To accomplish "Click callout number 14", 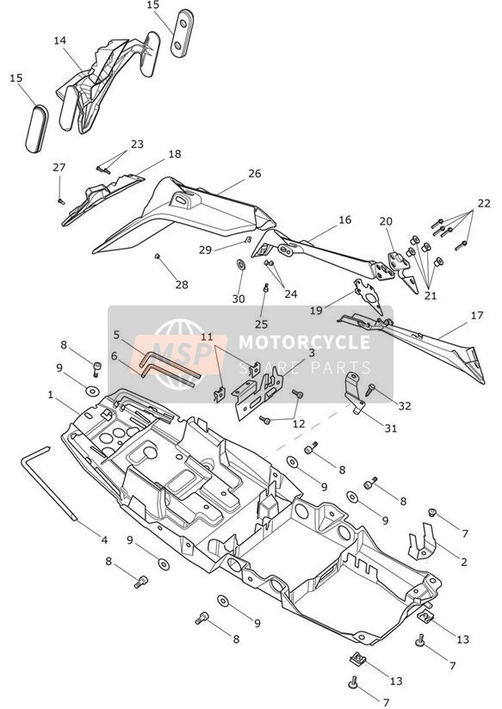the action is [x=59, y=40].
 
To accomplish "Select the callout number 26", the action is [x=255, y=174].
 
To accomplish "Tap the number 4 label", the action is [x=104, y=539].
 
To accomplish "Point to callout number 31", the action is [x=391, y=428].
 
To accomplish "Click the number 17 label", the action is [x=477, y=315].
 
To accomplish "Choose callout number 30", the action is [x=239, y=299].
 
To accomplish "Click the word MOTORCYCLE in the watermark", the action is [x=304, y=342].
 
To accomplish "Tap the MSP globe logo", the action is [x=180, y=354].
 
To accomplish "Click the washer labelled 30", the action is [x=241, y=264].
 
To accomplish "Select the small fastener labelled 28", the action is [x=158, y=256].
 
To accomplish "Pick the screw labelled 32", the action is [x=370, y=389].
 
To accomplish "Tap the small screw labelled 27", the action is [x=61, y=201].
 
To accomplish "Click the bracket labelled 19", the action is [x=369, y=295].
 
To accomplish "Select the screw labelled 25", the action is [x=266, y=287].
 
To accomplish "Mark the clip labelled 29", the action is [x=248, y=239].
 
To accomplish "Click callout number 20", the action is [x=386, y=222].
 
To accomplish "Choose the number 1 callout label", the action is [x=51, y=395].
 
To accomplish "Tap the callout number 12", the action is [x=299, y=424].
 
